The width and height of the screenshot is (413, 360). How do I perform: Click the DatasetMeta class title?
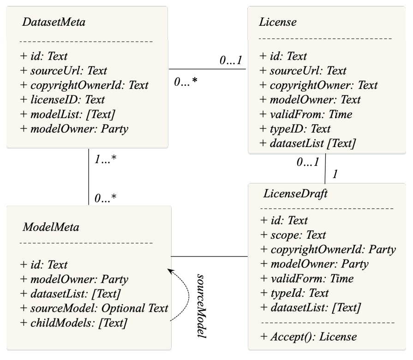click(54, 22)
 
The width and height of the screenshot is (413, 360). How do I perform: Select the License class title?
click(277, 22)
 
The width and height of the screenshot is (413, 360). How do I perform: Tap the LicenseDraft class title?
click(295, 194)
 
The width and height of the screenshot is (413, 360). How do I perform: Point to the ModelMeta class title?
click(51, 227)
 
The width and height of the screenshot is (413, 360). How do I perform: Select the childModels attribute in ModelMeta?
click(73, 323)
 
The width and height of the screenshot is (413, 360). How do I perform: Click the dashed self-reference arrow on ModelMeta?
click(187, 295)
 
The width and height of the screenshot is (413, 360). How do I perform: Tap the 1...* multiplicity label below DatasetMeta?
click(105, 159)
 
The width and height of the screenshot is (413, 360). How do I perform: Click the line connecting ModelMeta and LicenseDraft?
click(209, 256)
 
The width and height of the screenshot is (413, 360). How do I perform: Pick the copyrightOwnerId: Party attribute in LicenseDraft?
click(328, 249)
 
